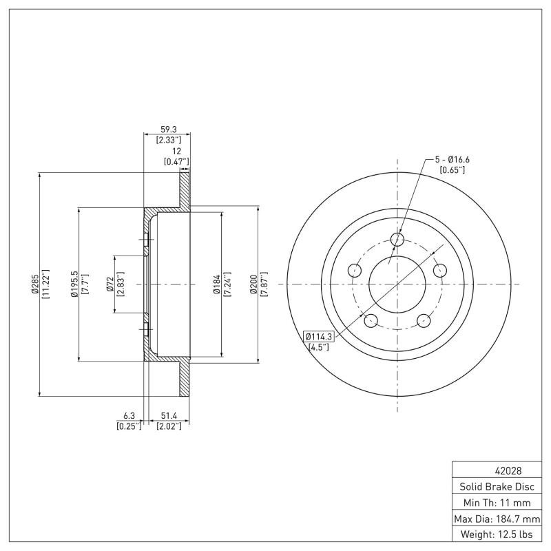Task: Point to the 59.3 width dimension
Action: [x=167, y=129]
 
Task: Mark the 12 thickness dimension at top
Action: [x=176, y=151]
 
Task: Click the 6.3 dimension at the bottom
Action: [x=129, y=416]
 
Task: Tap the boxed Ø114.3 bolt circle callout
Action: [x=318, y=336]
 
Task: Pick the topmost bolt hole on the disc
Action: [x=397, y=239]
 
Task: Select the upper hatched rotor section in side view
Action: [x=185, y=189]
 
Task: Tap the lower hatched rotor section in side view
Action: [x=185, y=379]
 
